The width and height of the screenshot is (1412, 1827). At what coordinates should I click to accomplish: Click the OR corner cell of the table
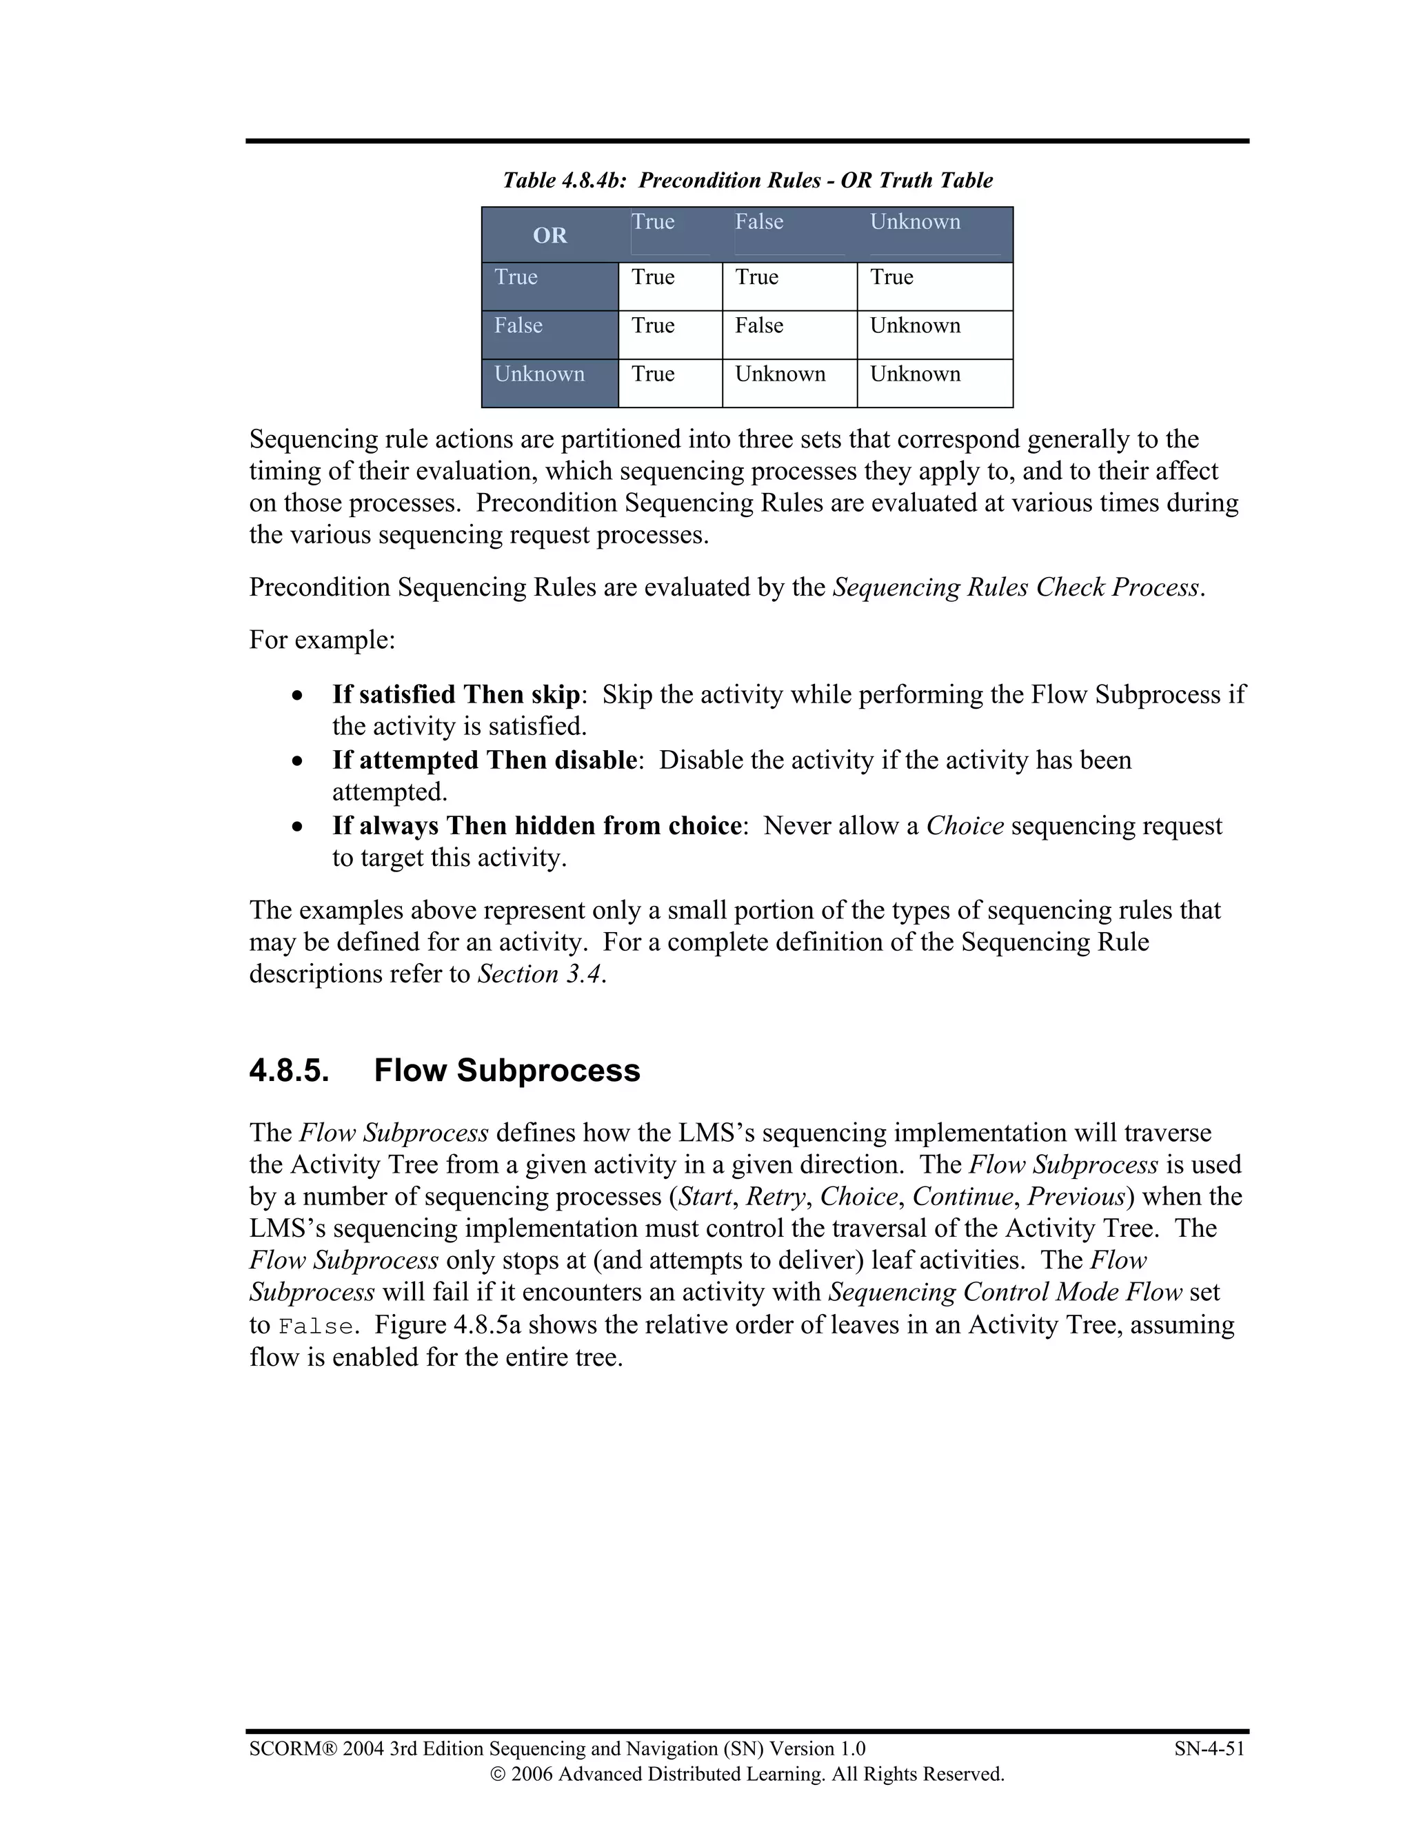(x=549, y=235)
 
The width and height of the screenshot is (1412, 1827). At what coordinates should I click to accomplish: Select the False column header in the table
(x=758, y=223)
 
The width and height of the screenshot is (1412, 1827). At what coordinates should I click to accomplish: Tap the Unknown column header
(x=914, y=223)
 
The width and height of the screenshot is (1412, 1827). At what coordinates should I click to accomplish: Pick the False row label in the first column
(x=518, y=325)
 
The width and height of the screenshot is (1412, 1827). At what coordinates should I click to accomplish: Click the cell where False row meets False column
(x=758, y=325)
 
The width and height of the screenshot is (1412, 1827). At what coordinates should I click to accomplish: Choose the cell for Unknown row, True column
(x=652, y=374)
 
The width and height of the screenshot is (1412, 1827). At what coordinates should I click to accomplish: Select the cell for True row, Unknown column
(x=891, y=277)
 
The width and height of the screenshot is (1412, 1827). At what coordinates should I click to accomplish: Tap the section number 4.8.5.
(x=289, y=1071)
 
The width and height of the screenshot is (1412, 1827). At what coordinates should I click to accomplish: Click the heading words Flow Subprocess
(x=507, y=1071)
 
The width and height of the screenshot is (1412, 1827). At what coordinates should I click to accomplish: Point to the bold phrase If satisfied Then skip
(x=456, y=694)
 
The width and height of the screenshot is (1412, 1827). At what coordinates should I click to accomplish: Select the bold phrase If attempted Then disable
(x=484, y=760)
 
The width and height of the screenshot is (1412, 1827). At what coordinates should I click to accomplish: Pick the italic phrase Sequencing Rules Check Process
(x=1016, y=588)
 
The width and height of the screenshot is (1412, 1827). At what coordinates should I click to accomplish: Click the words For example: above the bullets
(x=322, y=640)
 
